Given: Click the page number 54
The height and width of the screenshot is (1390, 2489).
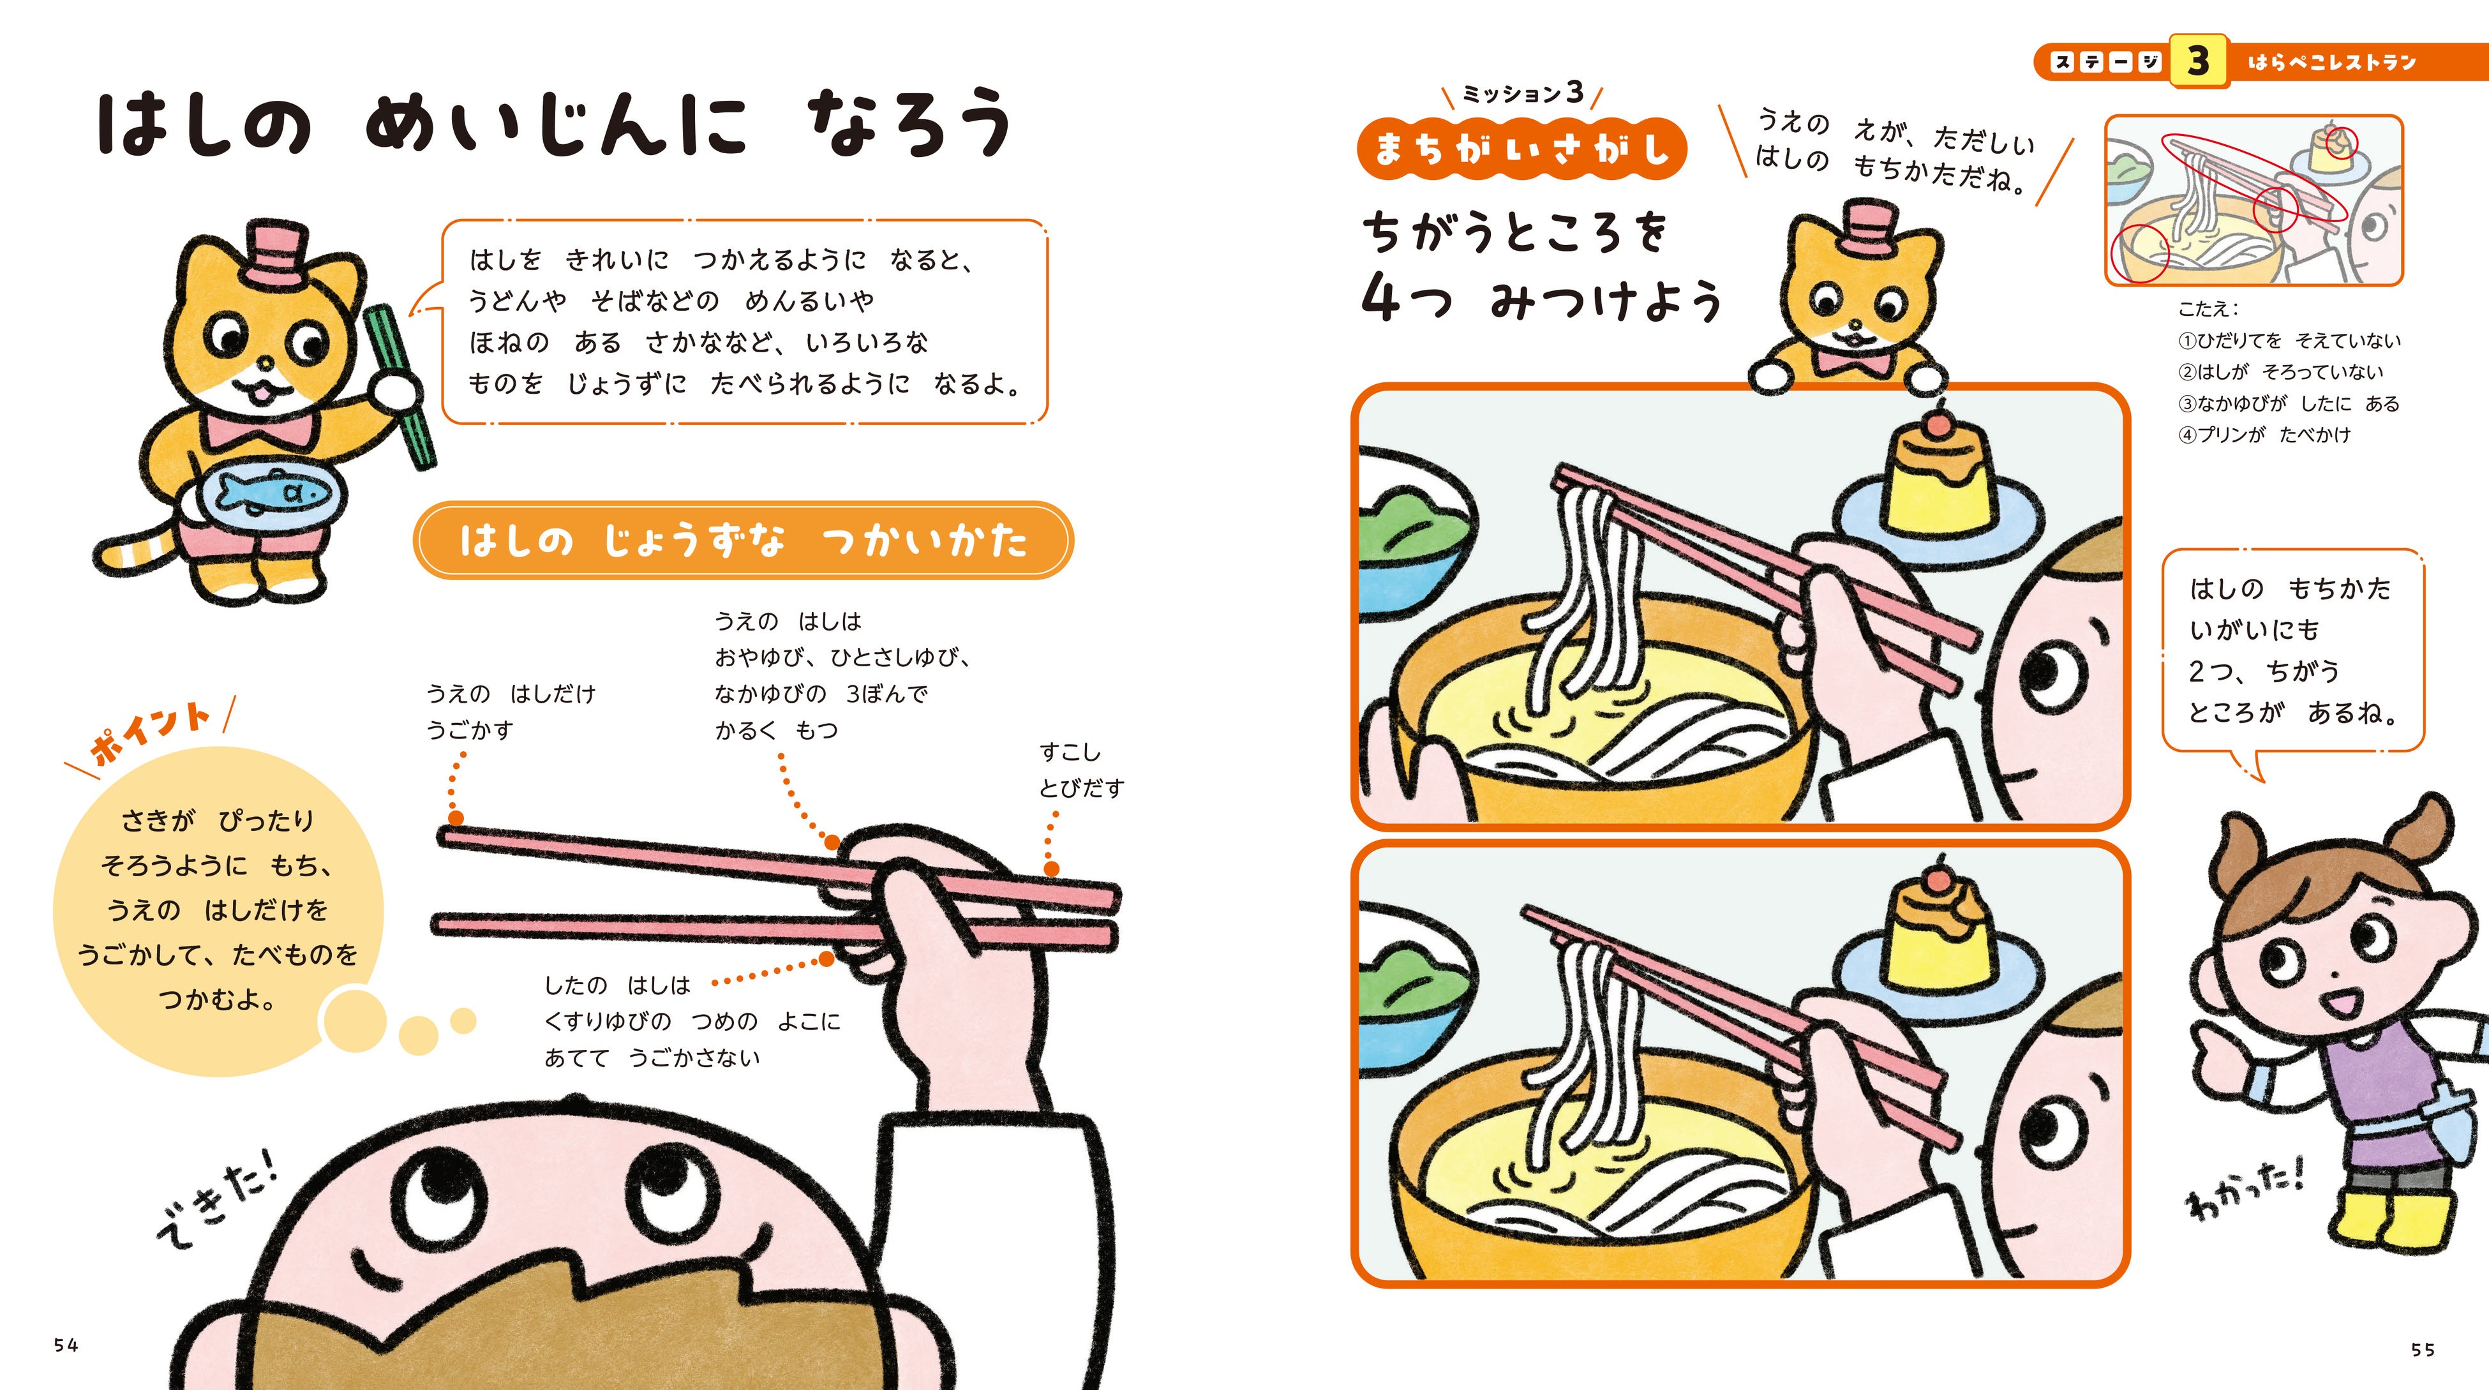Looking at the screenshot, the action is click(x=66, y=1345).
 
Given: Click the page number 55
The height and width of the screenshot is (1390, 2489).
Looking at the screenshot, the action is click(x=2423, y=1349).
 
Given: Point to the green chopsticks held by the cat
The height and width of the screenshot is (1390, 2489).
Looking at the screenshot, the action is click(x=399, y=386).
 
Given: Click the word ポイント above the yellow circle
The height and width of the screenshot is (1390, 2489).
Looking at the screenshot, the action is click(x=150, y=731).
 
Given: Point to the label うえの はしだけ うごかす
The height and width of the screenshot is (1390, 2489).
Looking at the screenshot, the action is click(x=511, y=711).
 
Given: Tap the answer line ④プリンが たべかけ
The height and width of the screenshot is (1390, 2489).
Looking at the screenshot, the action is click(x=2264, y=435).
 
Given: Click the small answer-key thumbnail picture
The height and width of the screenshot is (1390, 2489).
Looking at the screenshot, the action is click(x=2254, y=200).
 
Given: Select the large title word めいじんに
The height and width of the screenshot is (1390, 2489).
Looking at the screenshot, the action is click(x=557, y=126).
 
